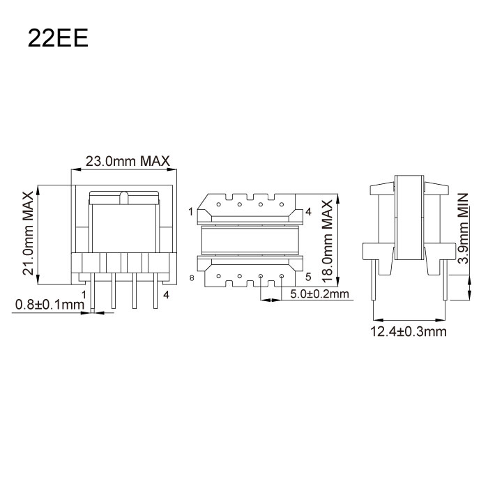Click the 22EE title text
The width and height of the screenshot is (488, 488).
pyautogui.click(x=58, y=38)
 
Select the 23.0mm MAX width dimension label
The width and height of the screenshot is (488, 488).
pyautogui.click(x=127, y=161)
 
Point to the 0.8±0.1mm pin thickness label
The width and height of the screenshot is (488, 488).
pyautogui.click(x=47, y=304)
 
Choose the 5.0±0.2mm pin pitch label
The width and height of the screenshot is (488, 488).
pyautogui.click(x=319, y=293)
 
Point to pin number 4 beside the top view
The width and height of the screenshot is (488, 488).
pyautogui.click(x=307, y=211)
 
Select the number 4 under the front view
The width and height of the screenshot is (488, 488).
pyautogui.click(x=166, y=295)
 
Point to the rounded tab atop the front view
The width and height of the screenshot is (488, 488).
pyautogui.click(x=123, y=197)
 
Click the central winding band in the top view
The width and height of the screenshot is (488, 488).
pyautogui.click(x=250, y=241)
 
